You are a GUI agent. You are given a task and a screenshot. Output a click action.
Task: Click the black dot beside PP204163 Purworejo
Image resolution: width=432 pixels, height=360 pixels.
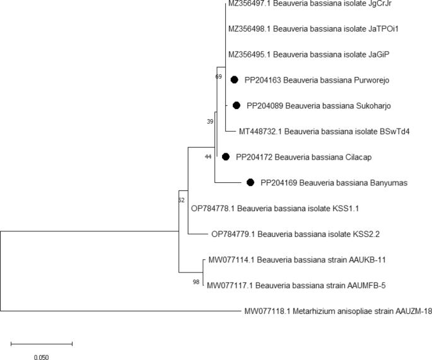click(234, 79)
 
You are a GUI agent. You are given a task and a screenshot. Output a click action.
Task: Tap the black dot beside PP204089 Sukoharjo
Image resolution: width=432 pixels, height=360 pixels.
click(236, 105)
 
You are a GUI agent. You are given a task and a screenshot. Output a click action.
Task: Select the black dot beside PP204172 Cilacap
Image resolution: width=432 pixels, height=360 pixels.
click(226, 156)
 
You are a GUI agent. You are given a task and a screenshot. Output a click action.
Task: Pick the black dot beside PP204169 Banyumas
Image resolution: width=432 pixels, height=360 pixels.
click(250, 183)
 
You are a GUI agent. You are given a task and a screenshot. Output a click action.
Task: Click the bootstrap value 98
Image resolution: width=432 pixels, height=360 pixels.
click(197, 282)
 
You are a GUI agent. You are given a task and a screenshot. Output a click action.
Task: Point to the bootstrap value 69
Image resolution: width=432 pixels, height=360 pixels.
click(219, 76)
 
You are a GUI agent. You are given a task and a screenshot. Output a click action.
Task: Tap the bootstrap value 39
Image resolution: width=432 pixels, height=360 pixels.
click(211, 120)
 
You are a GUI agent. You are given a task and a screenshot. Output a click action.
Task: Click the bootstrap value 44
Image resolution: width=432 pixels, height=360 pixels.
click(208, 156)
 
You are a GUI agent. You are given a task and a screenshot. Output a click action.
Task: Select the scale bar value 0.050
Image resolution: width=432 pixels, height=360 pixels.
click(41, 357)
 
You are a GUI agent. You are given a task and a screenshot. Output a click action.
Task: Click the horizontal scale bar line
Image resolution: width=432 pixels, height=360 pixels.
click(42, 344)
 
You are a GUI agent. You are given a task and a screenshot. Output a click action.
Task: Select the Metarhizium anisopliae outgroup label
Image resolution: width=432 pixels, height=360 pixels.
click(337, 311)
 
